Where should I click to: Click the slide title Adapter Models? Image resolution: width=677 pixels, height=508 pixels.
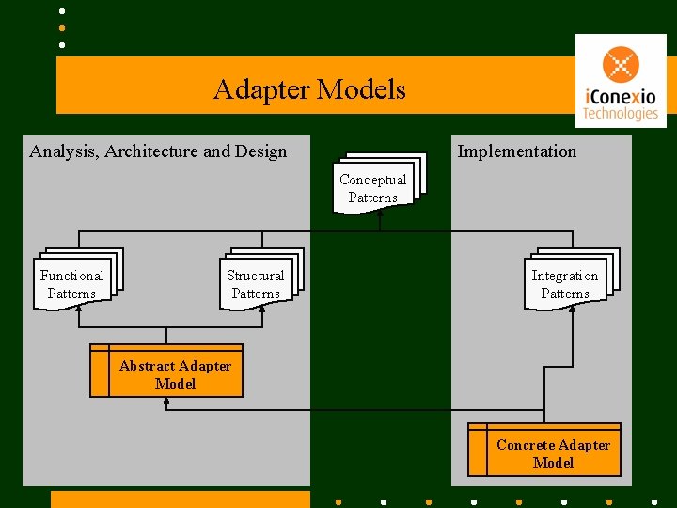(x=309, y=90)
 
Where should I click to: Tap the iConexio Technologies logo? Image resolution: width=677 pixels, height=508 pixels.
(x=620, y=81)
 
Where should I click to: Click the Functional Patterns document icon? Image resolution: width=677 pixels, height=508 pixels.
(x=74, y=281)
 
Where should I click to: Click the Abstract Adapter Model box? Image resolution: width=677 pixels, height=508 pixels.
(x=166, y=372)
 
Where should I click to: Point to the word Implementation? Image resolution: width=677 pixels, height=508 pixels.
(x=516, y=151)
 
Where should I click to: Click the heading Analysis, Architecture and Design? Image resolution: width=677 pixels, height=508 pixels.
(x=158, y=151)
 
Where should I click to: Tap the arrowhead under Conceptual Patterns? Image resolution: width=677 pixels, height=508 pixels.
(x=380, y=212)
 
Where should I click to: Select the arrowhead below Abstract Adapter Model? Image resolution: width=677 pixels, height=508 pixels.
(x=166, y=402)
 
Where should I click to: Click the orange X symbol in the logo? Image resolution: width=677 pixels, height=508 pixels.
(x=621, y=64)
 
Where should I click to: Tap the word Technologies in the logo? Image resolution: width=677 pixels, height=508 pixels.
(x=620, y=114)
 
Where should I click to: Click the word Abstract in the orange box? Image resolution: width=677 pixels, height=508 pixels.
(x=146, y=366)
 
